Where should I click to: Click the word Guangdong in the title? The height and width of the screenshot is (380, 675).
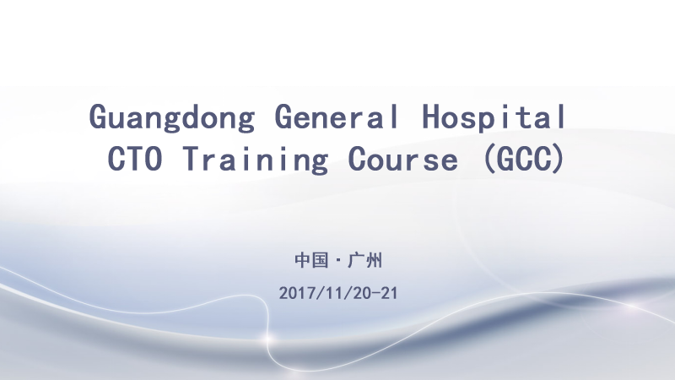tap(171, 117)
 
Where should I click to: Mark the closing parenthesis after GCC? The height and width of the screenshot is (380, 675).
tap(557, 158)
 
